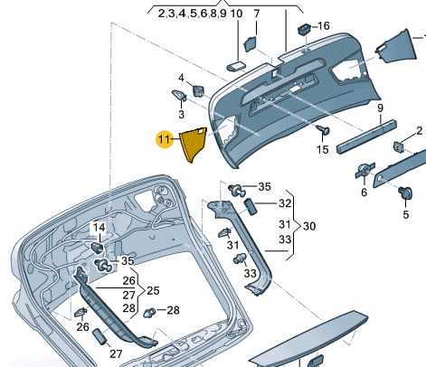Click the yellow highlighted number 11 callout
click(x=165, y=139)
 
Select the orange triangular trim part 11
click(x=193, y=144)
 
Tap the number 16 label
click(x=324, y=26)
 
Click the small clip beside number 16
click(x=305, y=29)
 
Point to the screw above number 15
click(x=324, y=130)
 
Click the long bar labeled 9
click(x=366, y=136)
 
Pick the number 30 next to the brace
click(x=309, y=226)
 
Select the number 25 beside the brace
click(x=153, y=290)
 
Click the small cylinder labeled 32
click(x=251, y=206)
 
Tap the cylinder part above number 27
click(x=99, y=337)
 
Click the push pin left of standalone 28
click(x=149, y=313)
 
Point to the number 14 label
click(x=99, y=228)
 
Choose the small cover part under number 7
click(x=251, y=44)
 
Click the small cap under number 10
click(x=236, y=66)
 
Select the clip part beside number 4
click(x=198, y=90)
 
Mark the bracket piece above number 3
click(x=180, y=95)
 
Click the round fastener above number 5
click(x=406, y=193)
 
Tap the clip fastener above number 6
click(x=365, y=170)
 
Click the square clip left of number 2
click(x=399, y=146)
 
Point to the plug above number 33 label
click(x=241, y=259)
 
